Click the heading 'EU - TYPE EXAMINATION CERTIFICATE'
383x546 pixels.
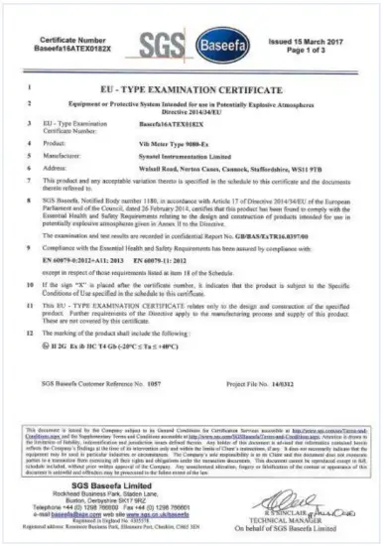[191, 87]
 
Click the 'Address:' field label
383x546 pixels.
[75, 168]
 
